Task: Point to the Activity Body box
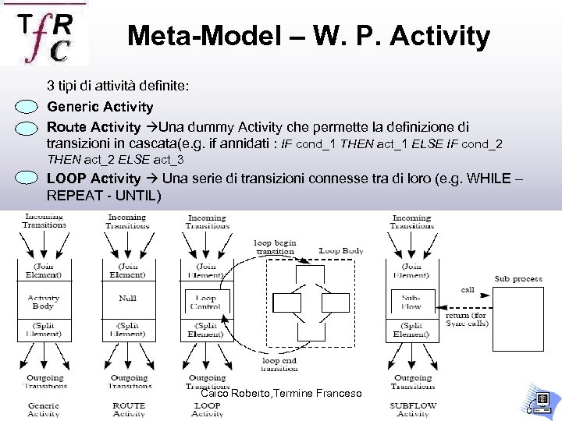click(x=43, y=302)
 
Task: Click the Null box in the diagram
click(x=127, y=299)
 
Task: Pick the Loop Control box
click(x=206, y=302)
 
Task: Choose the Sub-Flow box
click(x=411, y=302)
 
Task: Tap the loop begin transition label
click(x=274, y=247)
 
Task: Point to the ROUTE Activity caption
click(x=129, y=409)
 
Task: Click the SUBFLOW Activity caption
click(x=412, y=409)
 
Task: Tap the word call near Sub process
click(x=467, y=289)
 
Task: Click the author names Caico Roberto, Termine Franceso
click(x=281, y=394)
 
